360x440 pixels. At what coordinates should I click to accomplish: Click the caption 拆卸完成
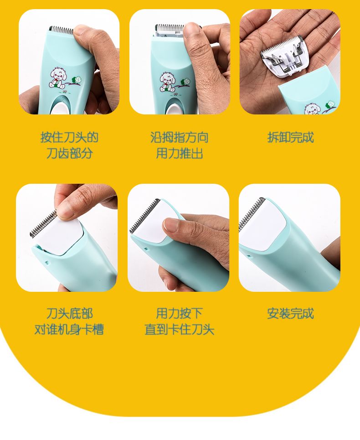[x=290, y=138]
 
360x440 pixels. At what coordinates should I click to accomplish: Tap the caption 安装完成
[x=290, y=313]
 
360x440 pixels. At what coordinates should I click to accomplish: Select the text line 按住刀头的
[x=69, y=138]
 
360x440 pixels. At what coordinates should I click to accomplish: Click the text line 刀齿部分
[x=69, y=153]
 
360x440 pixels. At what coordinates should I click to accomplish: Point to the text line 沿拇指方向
[x=179, y=138]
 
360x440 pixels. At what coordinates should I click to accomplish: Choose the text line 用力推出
[x=179, y=153]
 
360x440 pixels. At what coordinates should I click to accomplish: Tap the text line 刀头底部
[x=69, y=313]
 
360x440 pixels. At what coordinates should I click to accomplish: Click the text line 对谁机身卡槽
[x=69, y=329]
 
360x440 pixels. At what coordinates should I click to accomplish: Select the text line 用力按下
[x=179, y=313]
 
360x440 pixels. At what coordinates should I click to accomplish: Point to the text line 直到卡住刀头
[x=179, y=329]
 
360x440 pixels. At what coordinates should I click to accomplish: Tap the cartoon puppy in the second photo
[x=167, y=82]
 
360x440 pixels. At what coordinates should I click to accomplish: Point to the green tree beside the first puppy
[x=77, y=80]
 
